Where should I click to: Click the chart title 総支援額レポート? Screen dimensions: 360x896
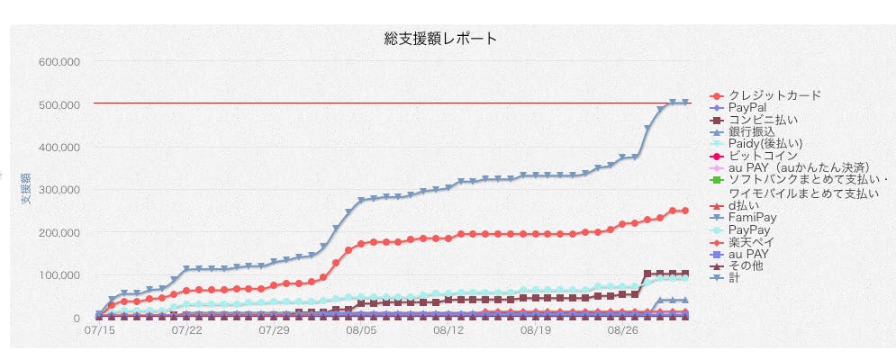(x=440, y=39)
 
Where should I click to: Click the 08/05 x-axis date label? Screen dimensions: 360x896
(x=360, y=331)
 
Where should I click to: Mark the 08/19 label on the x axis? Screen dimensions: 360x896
(x=535, y=331)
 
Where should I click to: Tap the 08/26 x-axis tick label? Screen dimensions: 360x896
(x=622, y=331)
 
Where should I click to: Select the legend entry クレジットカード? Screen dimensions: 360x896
(x=774, y=95)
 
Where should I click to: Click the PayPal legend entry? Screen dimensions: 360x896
(x=747, y=107)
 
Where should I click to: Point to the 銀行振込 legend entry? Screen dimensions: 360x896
(x=751, y=131)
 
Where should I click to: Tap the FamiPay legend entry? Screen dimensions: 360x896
(x=752, y=218)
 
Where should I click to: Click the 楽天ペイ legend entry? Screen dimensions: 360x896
(x=752, y=242)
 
